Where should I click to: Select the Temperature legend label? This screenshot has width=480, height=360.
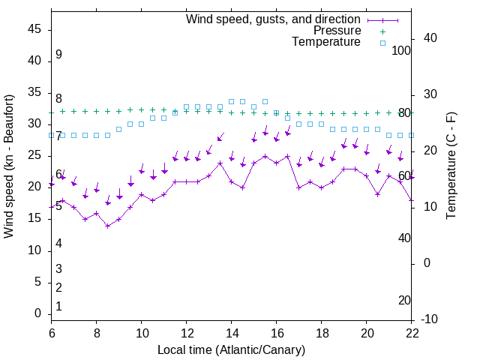pos(326,43)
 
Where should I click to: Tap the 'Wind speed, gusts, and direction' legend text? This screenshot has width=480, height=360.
pos(274,19)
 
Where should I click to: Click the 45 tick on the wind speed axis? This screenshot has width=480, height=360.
pos(34,29)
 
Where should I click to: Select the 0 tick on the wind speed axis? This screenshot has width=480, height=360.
pos(38,314)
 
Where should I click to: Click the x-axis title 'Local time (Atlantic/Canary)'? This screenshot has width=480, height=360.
pos(231,349)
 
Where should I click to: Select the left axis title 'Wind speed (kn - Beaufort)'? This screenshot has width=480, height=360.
pos(10,166)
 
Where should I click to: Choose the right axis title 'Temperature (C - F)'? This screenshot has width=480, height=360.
pos(451,166)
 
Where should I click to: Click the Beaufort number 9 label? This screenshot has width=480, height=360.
pos(58,55)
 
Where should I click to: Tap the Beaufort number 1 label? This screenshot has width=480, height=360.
pos(58,307)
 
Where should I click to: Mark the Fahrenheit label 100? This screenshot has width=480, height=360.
pos(401,51)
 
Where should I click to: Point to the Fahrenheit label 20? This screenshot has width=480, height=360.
pos(404,301)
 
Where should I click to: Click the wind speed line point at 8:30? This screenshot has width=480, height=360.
pos(108,226)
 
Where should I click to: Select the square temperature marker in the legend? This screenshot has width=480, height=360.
pos(382,43)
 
